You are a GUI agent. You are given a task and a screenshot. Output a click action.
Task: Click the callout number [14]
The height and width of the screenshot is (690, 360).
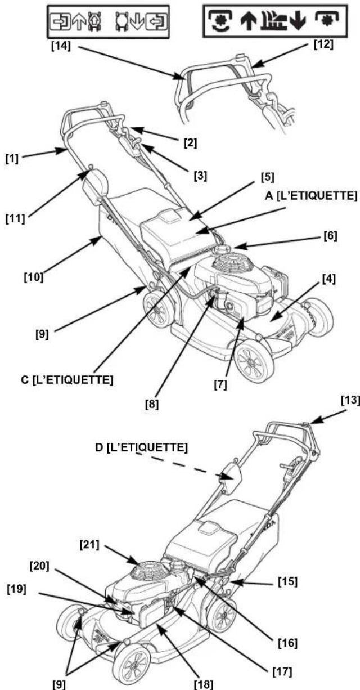point(61,46)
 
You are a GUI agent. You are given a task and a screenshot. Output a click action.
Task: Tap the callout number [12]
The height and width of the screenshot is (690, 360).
point(323,44)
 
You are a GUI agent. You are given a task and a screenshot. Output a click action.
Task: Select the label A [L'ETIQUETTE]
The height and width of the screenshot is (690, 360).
point(311,196)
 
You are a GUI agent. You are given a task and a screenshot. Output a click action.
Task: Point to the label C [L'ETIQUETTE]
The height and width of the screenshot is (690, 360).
point(67,380)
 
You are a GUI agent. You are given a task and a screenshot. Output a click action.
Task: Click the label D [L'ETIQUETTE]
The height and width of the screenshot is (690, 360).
point(141,447)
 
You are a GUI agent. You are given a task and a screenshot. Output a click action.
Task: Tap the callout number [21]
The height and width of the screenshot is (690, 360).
point(89,545)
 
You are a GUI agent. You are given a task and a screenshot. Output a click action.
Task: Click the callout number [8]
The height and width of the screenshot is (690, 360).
point(152,405)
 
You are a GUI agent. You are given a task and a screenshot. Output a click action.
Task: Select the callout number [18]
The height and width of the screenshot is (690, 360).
point(203,684)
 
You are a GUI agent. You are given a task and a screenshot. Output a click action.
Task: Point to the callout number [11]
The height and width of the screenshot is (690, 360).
point(15,219)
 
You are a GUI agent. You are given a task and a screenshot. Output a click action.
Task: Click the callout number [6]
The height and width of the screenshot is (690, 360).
point(330,236)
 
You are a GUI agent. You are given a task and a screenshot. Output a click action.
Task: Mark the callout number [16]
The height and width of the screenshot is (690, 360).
point(287,643)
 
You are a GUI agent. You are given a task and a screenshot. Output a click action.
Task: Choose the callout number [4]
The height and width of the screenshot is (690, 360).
point(328,279)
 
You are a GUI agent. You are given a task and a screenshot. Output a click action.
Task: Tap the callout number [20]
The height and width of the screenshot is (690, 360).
point(39,566)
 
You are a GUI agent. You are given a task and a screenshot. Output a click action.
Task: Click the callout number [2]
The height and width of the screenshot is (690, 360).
point(190,144)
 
